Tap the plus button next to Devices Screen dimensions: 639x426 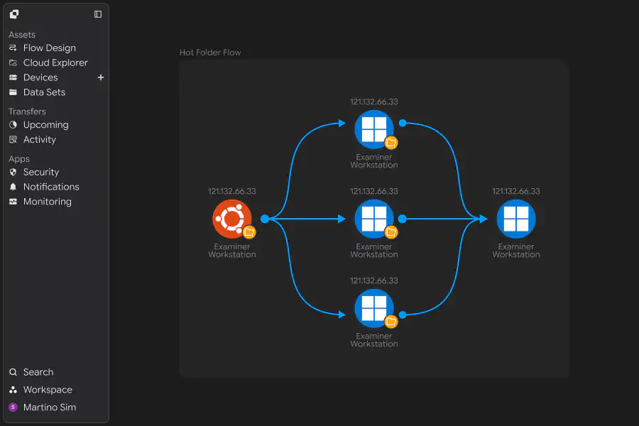pos(101,77)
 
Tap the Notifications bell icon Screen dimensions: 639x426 pos(13,187)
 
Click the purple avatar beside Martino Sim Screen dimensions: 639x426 pos(13,408)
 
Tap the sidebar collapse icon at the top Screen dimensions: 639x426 pos(98,14)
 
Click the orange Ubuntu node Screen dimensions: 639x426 pos(232,219)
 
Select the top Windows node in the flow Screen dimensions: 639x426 pos(374,130)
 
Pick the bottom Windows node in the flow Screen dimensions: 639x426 pos(374,309)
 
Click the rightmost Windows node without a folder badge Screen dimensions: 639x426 pos(516,219)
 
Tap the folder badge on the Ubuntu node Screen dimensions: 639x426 pos(249,232)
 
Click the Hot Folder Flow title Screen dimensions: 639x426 pos(210,53)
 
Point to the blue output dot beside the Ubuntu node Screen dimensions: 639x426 pos(265,219)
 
